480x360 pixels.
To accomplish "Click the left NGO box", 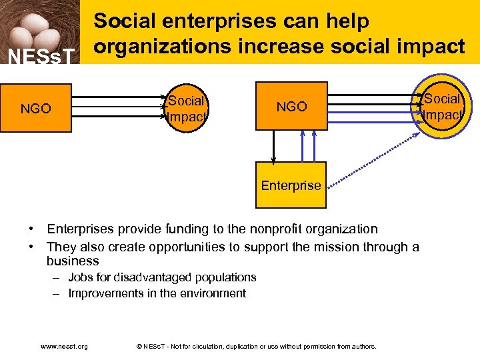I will pyautogui.click(x=36, y=109).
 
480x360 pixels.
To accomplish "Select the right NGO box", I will pyautogui.click(x=292, y=107).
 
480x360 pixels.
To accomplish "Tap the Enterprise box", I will pyautogui.click(x=291, y=185).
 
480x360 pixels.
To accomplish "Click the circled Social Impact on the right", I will pyautogui.click(x=442, y=107).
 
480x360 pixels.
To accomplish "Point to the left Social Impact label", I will pyautogui.click(x=186, y=109).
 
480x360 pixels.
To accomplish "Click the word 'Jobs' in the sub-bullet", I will pyautogui.click(x=80, y=277).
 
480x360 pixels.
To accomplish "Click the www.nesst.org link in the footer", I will pyautogui.click(x=64, y=346).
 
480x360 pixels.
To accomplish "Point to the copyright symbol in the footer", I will pyautogui.click(x=139, y=346).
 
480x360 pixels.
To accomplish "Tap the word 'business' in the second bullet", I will pyautogui.click(x=73, y=261).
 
